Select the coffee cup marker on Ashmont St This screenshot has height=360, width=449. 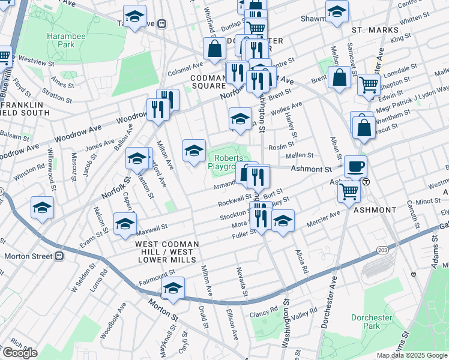355,166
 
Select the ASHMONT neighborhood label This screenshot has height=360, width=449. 375,210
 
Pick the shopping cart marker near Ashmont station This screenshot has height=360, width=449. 349,191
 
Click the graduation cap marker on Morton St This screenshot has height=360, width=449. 173,289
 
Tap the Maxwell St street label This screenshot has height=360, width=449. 150,228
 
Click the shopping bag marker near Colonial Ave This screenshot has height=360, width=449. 214,49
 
